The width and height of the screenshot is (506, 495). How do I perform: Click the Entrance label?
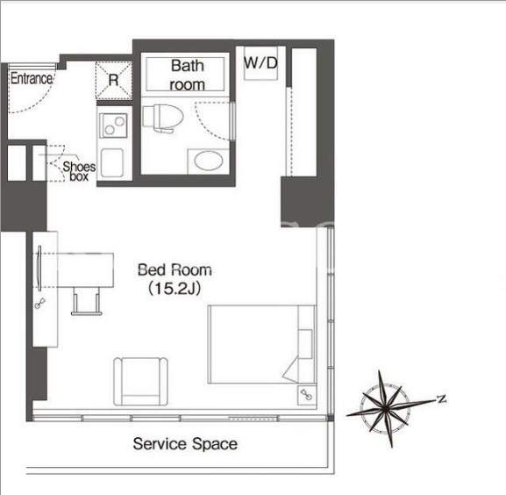click(x=32, y=78)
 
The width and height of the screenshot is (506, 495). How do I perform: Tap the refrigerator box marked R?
click(x=114, y=80)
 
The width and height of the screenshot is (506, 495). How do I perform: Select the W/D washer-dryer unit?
click(x=260, y=63)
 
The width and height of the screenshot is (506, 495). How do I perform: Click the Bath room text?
click(x=187, y=75)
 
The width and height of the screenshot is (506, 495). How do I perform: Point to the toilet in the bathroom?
click(x=163, y=118)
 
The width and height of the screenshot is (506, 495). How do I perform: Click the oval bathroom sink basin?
click(x=209, y=161)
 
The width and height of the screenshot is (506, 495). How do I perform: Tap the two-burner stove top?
click(x=114, y=126)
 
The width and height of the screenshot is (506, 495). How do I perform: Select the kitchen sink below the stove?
click(x=112, y=162)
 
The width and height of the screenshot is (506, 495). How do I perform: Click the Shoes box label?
click(x=79, y=171)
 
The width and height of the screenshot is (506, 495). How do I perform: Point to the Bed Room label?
click(x=175, y=270)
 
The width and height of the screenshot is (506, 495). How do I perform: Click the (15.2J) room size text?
click(x=175, y=289)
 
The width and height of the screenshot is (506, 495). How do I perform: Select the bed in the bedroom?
click(x=261, y=344)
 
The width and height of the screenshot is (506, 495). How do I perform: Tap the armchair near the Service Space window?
click(x=140, y=381)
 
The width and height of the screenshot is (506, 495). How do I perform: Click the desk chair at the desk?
click(x=87, y=301)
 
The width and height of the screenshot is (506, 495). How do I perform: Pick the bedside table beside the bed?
click(x=307, y=396)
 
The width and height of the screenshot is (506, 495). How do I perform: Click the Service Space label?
click(x=185, y=444)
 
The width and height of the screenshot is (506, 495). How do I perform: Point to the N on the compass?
click(x=441, y=398)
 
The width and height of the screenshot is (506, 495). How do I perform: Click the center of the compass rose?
click(x=386, y=408)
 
